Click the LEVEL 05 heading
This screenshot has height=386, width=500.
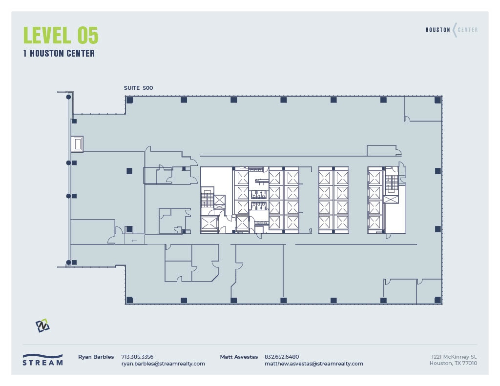point(61,36)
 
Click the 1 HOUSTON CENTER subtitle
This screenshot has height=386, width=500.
point(59,54)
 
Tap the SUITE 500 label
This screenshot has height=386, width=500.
point(138,88)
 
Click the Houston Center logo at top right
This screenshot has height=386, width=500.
point(451,30)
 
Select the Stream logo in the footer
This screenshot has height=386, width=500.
point(42,360)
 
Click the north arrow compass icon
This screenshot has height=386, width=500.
point(42,325)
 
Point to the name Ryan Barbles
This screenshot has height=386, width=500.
point(96,357)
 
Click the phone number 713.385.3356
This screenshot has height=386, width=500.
point(137,357)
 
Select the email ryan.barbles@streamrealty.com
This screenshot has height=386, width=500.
point(163,364)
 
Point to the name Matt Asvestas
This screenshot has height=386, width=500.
point(239,357)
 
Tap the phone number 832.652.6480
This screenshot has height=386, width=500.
point(282,357)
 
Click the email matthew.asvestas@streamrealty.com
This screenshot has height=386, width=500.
point(313,364)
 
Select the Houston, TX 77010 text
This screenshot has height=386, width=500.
point(453,363)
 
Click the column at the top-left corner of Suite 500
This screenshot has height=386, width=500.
point(130,100)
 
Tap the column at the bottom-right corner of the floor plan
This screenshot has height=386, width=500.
point(437,299)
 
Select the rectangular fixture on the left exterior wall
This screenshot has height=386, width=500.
point(77,144)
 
